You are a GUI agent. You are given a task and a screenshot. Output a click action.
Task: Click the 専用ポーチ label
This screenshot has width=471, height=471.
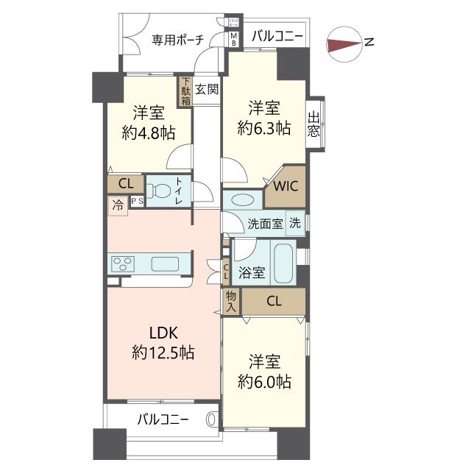[177, 39]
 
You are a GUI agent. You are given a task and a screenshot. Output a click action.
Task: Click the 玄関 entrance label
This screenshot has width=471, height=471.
[207, 90]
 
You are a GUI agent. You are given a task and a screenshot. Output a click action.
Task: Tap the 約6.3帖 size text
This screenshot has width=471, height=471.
[264, 128]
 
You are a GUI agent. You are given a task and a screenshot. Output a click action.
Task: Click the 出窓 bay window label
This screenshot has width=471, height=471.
[315, 124]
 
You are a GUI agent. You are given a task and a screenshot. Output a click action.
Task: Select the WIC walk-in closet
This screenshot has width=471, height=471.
[286, 185]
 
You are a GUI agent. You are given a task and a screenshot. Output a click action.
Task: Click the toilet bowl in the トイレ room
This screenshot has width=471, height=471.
[157, 191]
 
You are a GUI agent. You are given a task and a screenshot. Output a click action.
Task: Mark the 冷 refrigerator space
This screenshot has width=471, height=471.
[117, 206]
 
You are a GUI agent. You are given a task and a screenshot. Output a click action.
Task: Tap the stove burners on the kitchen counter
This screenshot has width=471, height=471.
[122, 263]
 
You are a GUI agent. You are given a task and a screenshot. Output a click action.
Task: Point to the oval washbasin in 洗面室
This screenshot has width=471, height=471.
[239, 200]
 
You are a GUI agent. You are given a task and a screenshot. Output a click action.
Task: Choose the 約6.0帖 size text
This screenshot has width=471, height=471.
[264, 382]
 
